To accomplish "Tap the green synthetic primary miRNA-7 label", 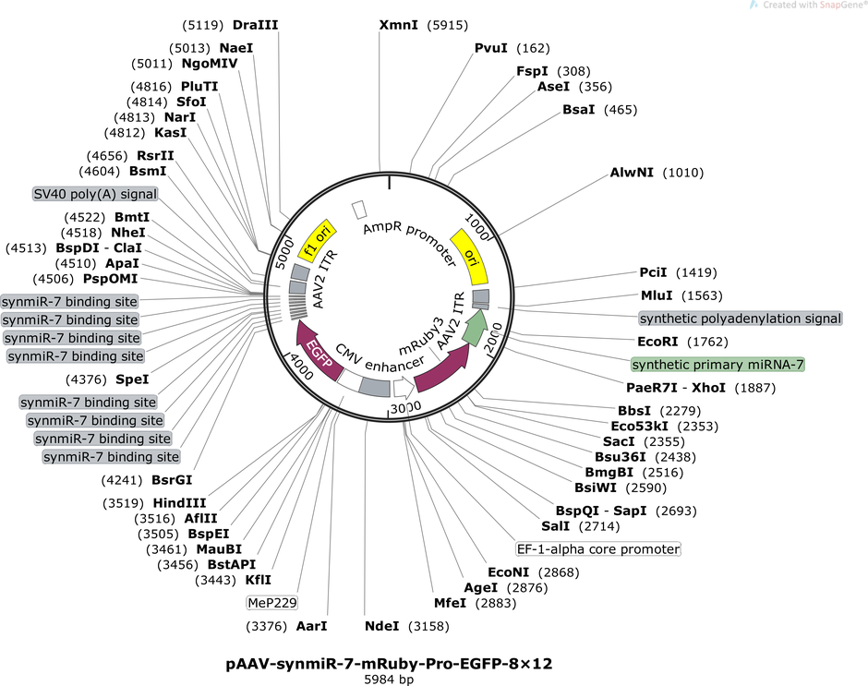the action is [718, 365].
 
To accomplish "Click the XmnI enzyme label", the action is [399, 25].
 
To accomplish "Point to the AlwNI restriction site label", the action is [632, 173].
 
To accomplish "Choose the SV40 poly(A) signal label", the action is [95, 194].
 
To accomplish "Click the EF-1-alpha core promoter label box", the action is [597, 549].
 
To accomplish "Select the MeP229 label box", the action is [272, 603].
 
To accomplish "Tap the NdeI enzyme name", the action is [381, 626].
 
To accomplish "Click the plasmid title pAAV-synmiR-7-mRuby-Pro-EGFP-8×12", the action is [389, 663].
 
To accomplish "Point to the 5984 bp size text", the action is [389, 680].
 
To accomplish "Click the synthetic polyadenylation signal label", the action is [741, 319].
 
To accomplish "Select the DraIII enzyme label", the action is [255, 25].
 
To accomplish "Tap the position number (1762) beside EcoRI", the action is [707, 342].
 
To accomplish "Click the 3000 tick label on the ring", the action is [405, 408].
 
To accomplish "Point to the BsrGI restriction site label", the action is [172, 480].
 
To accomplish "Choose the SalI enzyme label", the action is [555, 526].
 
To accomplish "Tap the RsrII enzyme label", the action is [155, 156].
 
